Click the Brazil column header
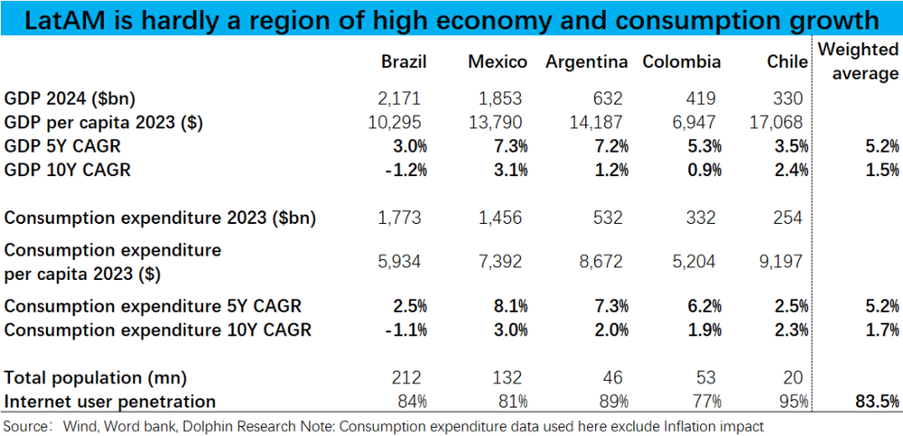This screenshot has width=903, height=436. (x=404, y=62)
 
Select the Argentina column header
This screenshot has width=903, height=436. (x=587, y=62)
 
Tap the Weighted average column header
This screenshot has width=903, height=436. (x=858, y=62)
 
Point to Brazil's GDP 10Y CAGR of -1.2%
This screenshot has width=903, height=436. (x=405, y=169)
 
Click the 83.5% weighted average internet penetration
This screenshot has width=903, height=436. (x=876, y=401)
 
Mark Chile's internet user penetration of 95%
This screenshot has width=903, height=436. (x=793, y=401)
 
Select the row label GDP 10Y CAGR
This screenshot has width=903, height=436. (x=69, y=169)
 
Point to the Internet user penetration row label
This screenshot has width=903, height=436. (x=110, y=401)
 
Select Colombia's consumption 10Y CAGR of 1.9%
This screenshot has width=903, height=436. (x=697, y=329)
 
